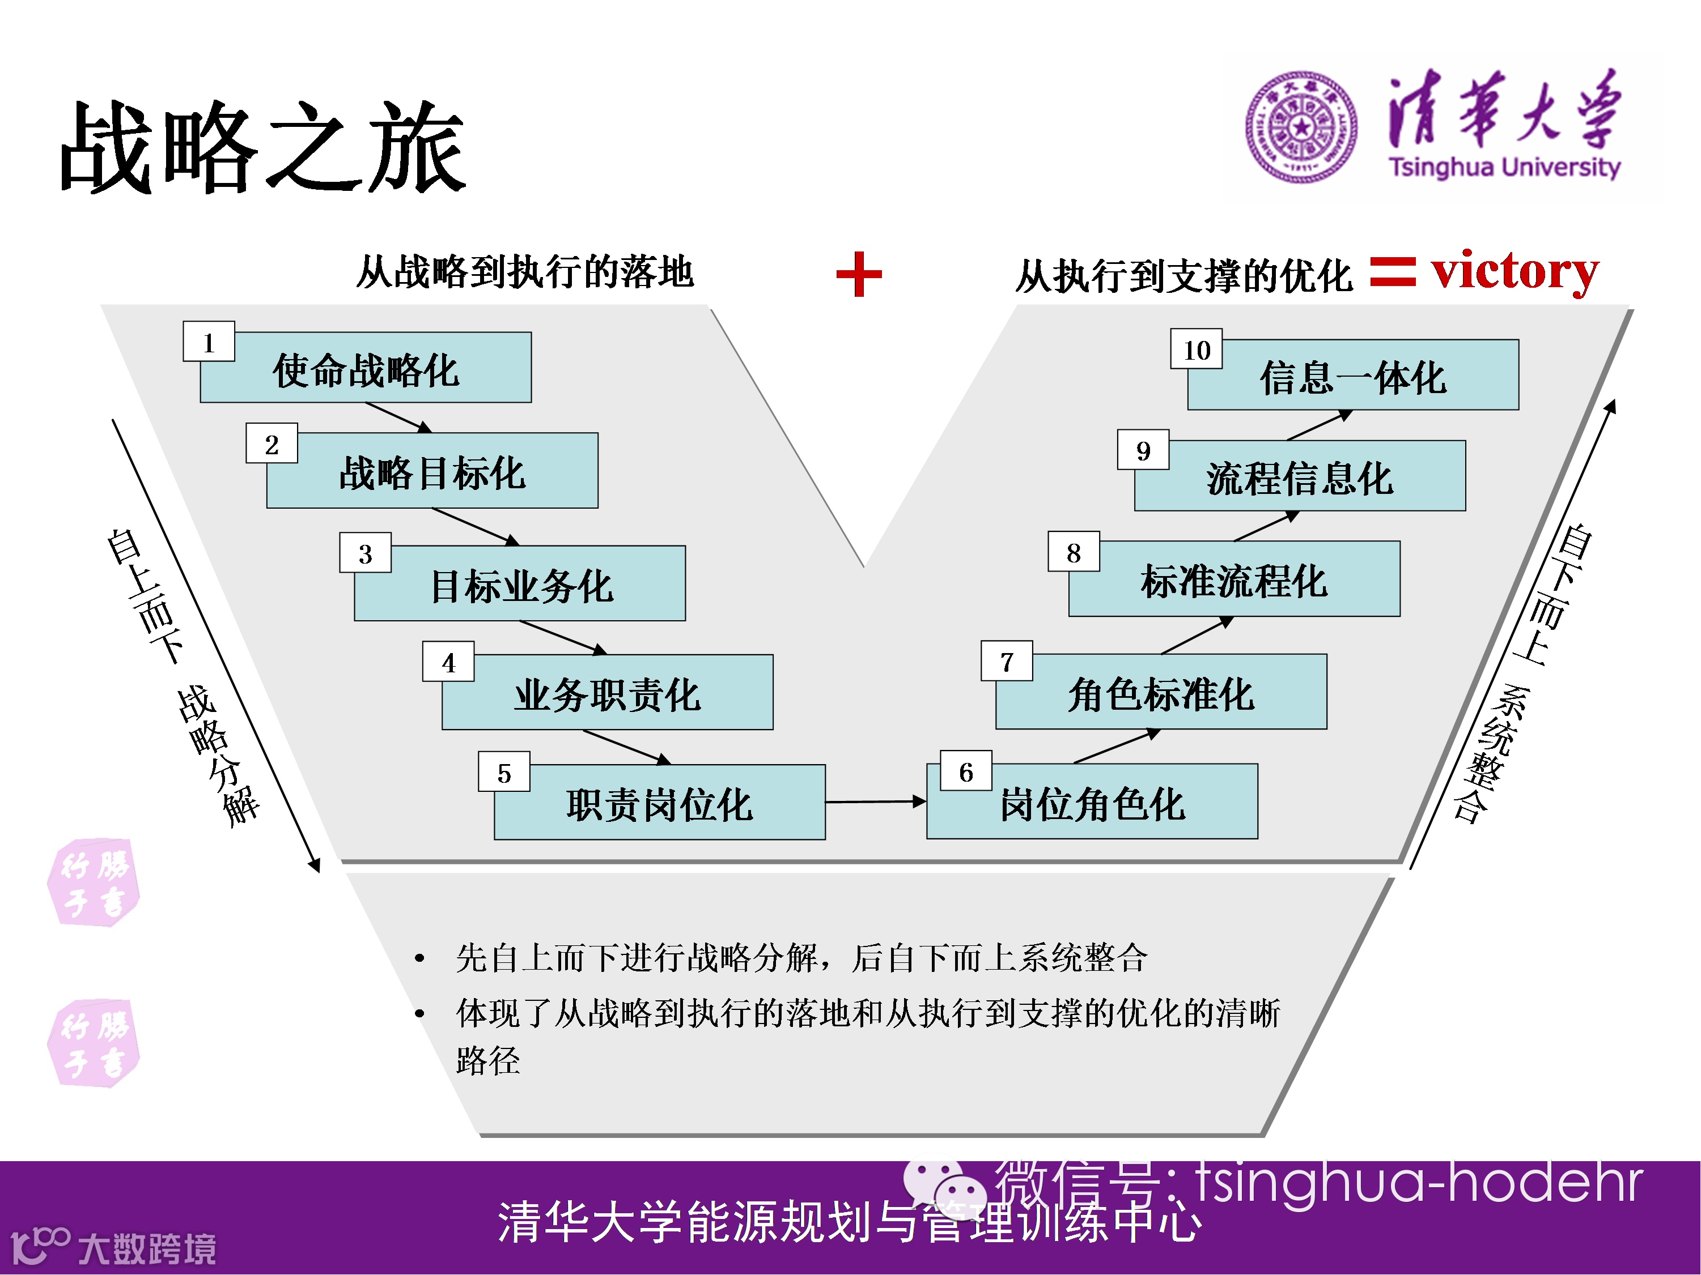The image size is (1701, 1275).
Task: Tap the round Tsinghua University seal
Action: (x=1301, y=127)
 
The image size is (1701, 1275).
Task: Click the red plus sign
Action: (x=858, y=274)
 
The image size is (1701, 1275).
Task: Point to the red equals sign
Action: (x=1392, y=272)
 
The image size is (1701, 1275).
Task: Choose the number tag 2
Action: (x=272, y=444)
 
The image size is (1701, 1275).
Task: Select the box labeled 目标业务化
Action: (x=520, y=586)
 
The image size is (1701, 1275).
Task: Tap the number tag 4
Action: (x=448, y=662)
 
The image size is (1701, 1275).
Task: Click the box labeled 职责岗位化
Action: (x=659, y=803)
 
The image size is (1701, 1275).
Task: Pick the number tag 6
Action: (x=966, y=771)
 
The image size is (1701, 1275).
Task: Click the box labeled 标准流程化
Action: (x=1233, y=580)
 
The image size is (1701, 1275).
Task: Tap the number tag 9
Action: (x=1143, y=450)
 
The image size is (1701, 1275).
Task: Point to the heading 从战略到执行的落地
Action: (x=525, y=272)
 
